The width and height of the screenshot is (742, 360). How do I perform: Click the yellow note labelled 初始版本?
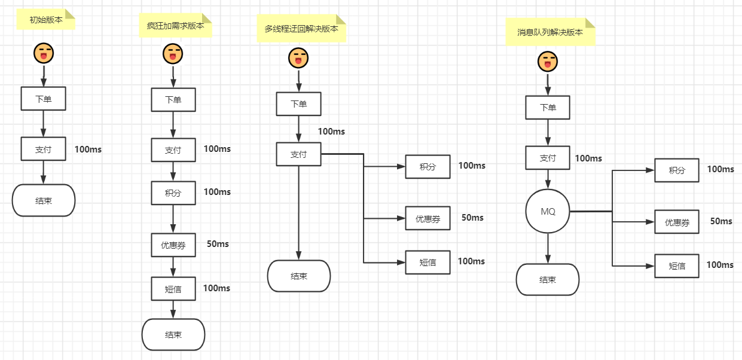click(46, 20)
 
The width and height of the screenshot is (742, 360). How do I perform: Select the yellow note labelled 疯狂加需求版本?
click(175, 26)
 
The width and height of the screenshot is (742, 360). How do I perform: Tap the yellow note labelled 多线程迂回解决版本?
click(301, 29)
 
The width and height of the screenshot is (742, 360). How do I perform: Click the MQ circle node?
click(548, 212)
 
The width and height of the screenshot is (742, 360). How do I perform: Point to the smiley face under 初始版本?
click(44, 53)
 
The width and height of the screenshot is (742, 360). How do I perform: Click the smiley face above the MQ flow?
click(548, 62)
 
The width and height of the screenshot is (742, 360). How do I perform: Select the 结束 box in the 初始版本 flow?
click(44, 200)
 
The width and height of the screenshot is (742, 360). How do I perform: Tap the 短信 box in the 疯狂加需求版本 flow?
click(173, 289)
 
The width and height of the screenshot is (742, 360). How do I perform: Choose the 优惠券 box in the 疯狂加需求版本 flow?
click(173, 245)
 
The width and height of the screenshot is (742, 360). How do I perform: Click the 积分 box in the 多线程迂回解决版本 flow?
click(428, 167)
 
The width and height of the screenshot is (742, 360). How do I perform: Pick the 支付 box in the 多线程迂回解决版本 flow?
click(298, 154)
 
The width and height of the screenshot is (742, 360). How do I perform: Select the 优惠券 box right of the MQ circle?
click(677, 222)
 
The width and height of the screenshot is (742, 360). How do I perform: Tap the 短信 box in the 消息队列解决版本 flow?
click(677, 266)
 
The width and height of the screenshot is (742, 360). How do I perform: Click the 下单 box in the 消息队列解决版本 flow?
click(548, 108)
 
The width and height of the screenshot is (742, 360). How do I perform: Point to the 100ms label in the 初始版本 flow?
click(88, 150)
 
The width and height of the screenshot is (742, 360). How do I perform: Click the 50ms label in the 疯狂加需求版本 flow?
click(218, 244)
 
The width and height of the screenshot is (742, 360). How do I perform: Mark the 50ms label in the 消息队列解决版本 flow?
click(721, 221)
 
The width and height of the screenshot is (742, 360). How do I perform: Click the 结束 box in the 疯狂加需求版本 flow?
click(173, 334)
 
